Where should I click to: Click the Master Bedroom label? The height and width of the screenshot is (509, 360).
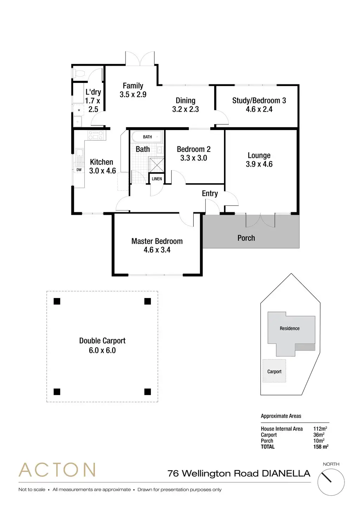157,241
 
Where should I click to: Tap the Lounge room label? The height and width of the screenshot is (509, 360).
259,155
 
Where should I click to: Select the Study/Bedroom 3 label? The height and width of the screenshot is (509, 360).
259,101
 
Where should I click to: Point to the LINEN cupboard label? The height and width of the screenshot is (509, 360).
157,179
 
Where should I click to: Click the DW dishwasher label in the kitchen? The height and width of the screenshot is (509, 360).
79,170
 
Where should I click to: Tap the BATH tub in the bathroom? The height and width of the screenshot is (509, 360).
147,137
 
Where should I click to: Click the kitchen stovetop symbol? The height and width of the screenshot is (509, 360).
97,135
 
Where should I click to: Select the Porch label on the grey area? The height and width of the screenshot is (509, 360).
246,238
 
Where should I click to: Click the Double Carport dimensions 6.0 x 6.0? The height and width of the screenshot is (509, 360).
102,350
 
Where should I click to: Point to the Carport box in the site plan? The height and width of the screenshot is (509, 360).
274,371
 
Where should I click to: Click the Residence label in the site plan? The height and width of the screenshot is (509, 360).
290,328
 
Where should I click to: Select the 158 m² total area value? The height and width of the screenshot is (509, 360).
321,447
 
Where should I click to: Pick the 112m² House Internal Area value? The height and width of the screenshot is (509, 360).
320,429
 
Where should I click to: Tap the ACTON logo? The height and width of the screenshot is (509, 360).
57,470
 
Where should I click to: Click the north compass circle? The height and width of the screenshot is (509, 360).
331,482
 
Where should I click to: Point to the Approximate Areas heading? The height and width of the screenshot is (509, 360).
281,416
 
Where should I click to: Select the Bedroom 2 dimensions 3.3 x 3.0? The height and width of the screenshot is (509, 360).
194,158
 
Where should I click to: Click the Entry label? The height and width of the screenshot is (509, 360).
210,194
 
